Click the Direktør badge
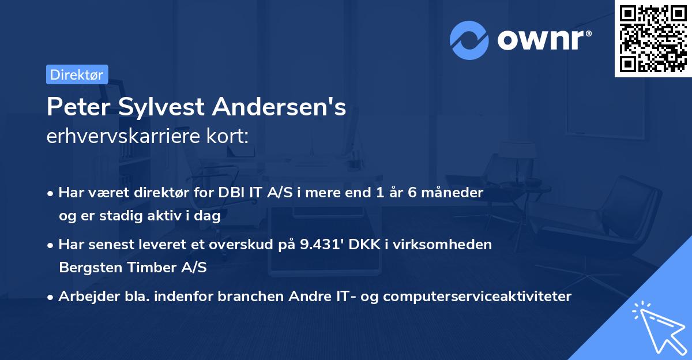[77, 74]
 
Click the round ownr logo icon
[470, 40]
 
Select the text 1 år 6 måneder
[430, 193]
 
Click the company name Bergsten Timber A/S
[133, 268]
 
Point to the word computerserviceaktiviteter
[477, 297]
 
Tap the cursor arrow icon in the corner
[657, 325]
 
